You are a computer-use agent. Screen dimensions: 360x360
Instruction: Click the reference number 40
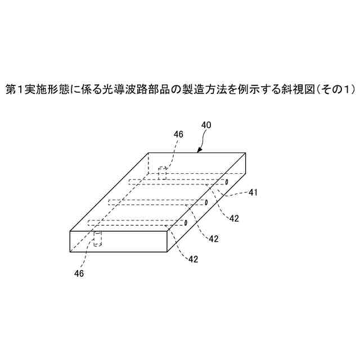206,125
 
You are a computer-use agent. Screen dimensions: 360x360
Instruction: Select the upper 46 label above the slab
178,134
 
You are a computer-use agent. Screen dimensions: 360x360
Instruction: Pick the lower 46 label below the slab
79,273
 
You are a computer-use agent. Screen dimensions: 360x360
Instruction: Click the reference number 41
253,192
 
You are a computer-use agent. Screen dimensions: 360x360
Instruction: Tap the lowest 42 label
192,259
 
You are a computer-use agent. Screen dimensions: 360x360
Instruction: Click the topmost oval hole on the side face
226,182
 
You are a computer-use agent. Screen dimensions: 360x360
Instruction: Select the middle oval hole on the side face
206,202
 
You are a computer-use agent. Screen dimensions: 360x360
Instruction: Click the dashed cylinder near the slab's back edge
162,173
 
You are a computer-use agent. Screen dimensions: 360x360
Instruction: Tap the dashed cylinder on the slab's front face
97,239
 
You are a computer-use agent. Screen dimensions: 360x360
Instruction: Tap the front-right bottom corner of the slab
167,251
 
